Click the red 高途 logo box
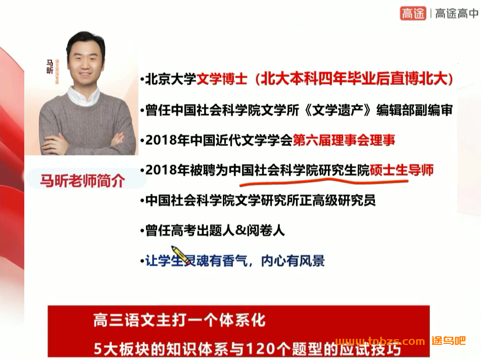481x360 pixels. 413,14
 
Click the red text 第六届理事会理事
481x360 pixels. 344,140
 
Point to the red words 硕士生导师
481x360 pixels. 402,170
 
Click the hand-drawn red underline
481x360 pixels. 323,181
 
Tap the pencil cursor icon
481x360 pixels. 178,253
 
